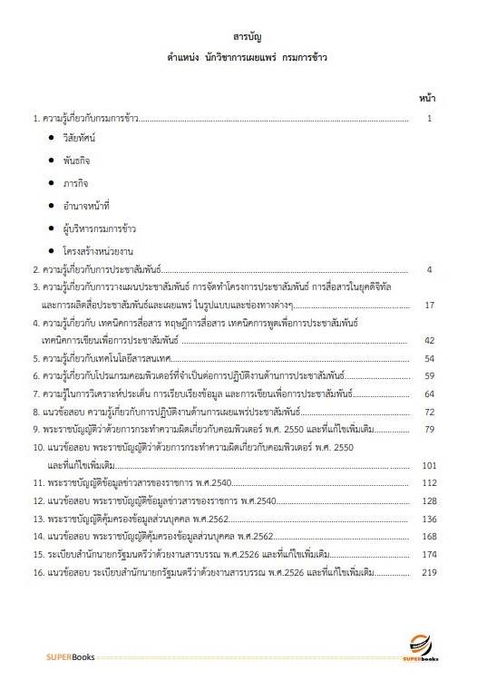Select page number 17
430,305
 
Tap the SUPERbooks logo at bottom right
423,648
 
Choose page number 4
433,269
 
